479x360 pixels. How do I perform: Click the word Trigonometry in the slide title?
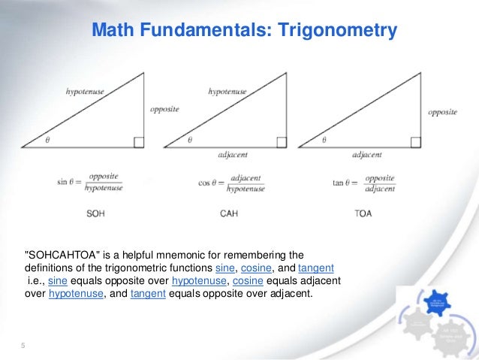pos(337,31)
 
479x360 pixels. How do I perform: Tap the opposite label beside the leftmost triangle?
pos(164,110)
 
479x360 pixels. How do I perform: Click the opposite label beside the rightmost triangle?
pos(443,112)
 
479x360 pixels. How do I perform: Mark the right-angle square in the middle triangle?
pos(282,141)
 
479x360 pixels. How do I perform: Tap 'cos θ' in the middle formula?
pos(209,183)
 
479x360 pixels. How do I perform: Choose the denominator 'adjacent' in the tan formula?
pos(380,189)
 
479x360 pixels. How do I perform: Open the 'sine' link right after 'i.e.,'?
pos(58,280)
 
